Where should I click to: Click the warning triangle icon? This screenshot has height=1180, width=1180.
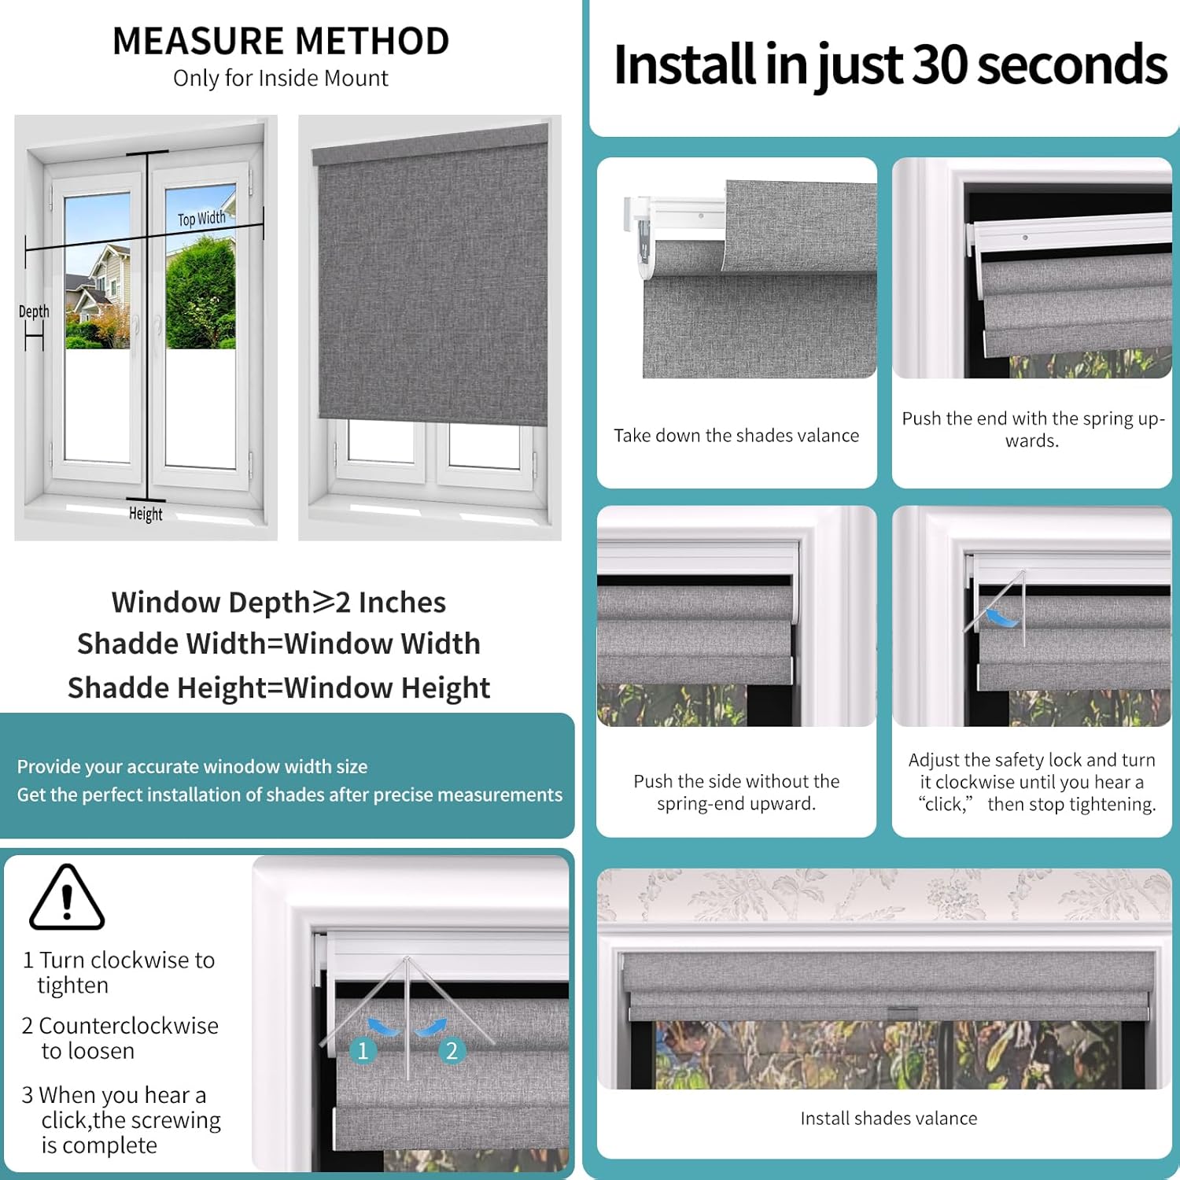[67, 898]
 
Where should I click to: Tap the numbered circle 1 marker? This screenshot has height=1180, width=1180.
[363, 1050]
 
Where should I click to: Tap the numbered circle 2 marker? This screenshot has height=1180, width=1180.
[452, 1050]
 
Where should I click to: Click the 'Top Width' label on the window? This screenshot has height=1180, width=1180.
[201, 219]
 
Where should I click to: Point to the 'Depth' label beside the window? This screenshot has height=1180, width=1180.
[34, 312]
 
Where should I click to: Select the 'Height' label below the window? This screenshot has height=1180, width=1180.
[146, 514]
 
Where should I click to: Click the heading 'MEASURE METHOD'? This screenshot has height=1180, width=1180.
[281, 41]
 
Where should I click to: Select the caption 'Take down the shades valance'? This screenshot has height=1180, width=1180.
[736, 435]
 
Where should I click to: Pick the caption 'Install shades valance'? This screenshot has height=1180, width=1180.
[888, 1118]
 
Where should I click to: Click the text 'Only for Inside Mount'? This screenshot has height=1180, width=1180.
[281, 79]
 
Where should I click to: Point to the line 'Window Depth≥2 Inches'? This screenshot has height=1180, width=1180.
[278, 602]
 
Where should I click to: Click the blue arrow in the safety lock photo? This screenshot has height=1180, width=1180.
[1001, 618]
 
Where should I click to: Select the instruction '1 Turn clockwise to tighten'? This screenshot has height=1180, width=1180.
[118, 972]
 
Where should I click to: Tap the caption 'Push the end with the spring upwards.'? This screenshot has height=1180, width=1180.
[1032, 429]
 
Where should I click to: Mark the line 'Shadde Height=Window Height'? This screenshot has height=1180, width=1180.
[278, 688]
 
